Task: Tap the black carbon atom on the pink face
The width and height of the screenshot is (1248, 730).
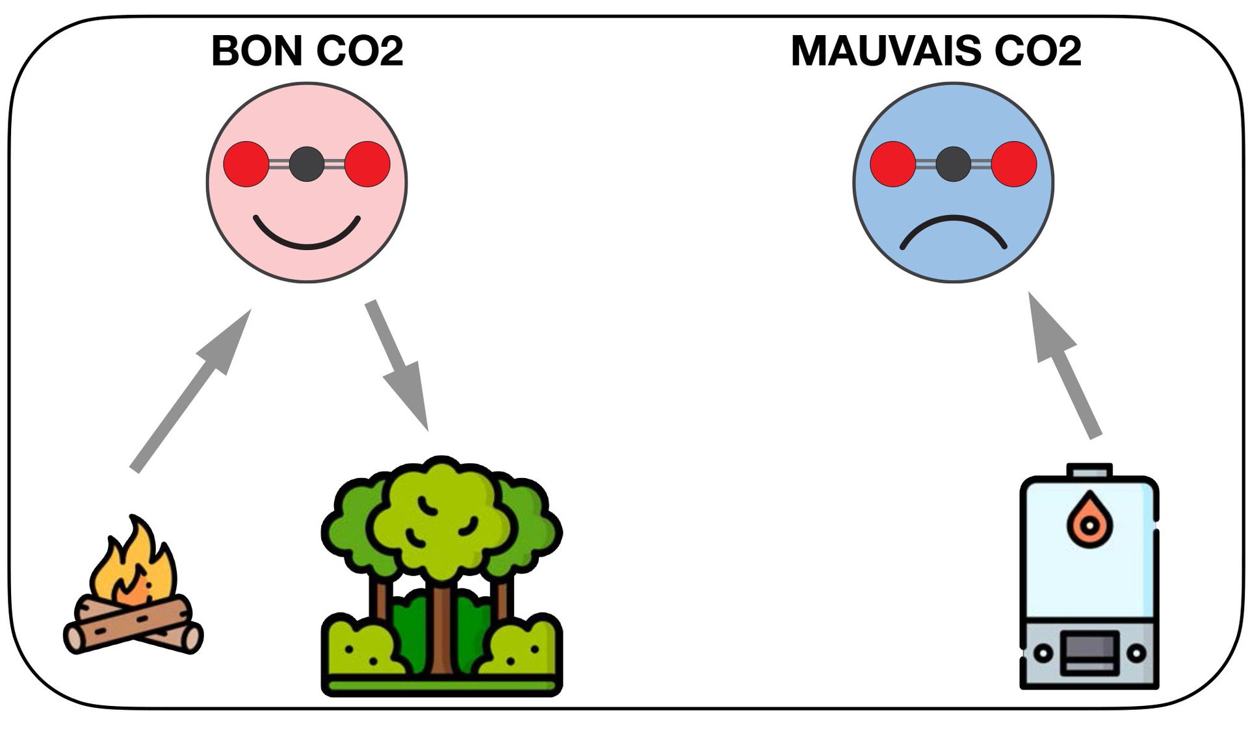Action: point(306,164)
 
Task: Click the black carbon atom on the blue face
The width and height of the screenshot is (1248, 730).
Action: point(953,164)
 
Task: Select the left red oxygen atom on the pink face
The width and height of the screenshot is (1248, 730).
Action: point(246,164)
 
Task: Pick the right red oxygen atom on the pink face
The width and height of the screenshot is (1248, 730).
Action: point(367,164)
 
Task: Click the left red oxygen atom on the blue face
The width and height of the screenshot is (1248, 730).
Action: point(892,164)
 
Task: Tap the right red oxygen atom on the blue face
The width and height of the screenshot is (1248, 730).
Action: point(1013,164)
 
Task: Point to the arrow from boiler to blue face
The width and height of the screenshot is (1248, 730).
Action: point(1066,367)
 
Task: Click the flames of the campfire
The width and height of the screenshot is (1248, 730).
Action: point(133,565)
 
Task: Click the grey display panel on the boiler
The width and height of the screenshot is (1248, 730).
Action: point(1089,652)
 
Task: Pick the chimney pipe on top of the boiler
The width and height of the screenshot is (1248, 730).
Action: point(1089,470)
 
